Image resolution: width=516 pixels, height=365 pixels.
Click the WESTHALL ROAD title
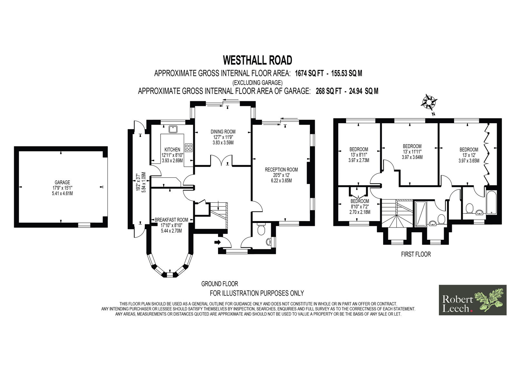click(x=258, y=60)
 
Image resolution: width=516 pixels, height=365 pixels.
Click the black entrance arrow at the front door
click(x=217, y=242)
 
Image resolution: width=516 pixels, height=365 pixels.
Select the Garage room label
click(x=63, y=182)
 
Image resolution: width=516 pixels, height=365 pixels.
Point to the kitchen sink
click(x=173, y=129)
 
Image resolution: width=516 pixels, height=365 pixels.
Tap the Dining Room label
click(x=223, y=132)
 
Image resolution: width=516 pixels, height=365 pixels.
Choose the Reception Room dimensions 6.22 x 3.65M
click(x=281, y=180)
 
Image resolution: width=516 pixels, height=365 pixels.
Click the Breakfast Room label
click(x=171, y=220)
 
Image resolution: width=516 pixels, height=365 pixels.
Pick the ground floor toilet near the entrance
click(x=261, y=228)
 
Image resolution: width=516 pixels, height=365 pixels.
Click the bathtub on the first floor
click(x=491, y=202)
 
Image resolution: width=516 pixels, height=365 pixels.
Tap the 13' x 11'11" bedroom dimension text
click(x=412, y=152)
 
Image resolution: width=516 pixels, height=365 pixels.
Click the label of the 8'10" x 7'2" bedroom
click(x=360, y=201)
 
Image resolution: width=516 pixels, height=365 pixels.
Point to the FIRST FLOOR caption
click(x=416, y=254)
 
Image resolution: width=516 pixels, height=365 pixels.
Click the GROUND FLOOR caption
click(x=220, y=284)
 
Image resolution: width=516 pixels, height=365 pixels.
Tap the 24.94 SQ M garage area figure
click(x=363, y=91)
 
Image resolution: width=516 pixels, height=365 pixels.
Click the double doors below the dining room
click(x=221, y=160)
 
